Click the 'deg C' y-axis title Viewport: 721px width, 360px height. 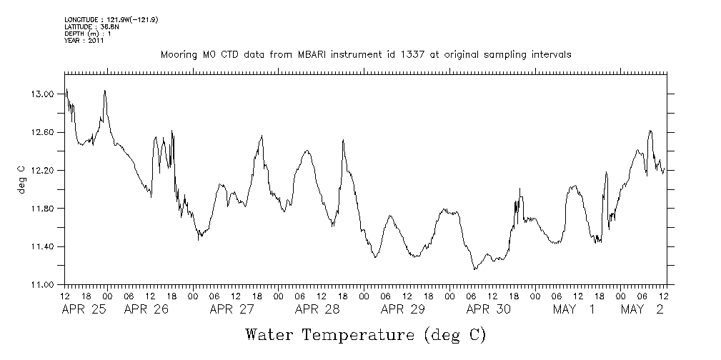[x=21, y=180]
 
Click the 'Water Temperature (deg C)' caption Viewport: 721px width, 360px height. [x=365, y=334]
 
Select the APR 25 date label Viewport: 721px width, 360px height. [x=84, y=309]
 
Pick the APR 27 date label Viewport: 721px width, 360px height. [x=232, y=309]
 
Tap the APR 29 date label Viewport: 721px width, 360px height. [x=402, y=309]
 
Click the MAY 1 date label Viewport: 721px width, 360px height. [x=573, y=309]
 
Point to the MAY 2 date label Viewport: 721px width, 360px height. [x=641, y=309]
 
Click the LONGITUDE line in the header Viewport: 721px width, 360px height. [x=111, y=19]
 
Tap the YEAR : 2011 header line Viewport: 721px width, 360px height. [x=85, y=41]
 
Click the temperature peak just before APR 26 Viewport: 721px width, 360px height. [x=105, y=91]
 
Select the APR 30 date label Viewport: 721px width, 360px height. [x=488, y=309]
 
